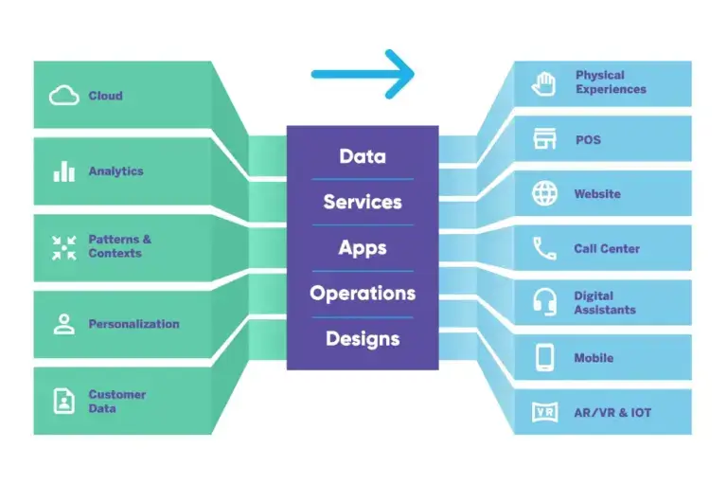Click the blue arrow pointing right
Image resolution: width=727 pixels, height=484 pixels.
(x=363, y=73)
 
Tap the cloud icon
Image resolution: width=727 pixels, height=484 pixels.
(x=63, y=96)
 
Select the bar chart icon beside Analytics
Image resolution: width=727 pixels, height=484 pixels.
(x=63, y=171)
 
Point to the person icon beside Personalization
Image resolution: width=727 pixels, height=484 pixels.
(x=63, y=324)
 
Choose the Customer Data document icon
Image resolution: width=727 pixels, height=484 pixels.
(x=63, y=402)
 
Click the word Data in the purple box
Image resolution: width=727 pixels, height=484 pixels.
(x=363, y=156)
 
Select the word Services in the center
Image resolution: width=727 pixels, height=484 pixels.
(x=363, y=202)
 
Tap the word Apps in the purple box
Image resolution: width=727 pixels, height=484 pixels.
(x=363, y=247)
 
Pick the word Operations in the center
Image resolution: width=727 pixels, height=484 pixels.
(x=363, y=293)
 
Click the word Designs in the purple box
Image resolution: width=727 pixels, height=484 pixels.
(x=363, y=338)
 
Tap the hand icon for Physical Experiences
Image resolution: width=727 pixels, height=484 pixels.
(x=543, y=83)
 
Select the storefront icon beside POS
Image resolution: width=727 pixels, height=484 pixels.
(x=543, y=140)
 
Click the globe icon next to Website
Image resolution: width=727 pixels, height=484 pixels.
(x=544, y=194)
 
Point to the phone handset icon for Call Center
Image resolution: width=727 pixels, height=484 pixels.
(x=544, y=249)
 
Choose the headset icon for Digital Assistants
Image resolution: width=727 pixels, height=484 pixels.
(x=544, y=303)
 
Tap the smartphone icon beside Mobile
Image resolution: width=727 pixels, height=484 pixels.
(x=544, y=358)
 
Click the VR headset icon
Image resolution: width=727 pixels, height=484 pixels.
(x=544, y=413)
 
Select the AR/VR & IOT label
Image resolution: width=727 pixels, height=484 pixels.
(x=612, y=413)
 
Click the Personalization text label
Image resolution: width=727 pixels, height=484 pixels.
(x=133, y=324)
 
